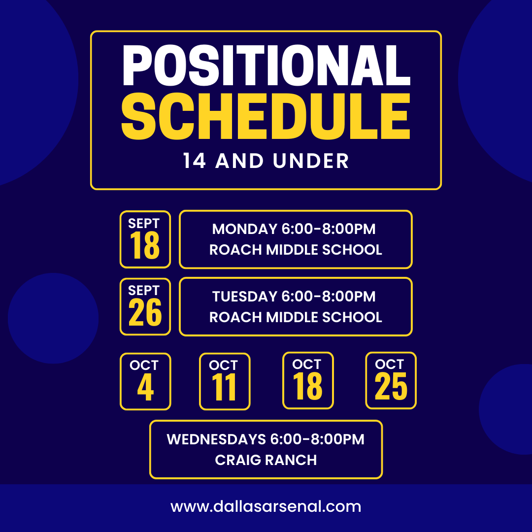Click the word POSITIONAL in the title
click(266, 65)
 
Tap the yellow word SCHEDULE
click(266, 116)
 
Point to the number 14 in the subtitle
click(195, 161)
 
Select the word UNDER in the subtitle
click(311, 161)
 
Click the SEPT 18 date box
click(145, 239)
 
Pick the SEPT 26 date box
click(145, 307)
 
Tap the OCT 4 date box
click(145, 381)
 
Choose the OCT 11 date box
click(225, 381)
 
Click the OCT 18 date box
click(308, 380)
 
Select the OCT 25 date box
click(391, 380)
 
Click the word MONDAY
click(245, 229)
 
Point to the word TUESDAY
click(245, 297)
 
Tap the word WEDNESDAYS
click(216, 439)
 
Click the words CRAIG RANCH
click(266, 460)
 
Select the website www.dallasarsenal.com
click(266, 506)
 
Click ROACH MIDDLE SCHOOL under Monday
click(296, 250)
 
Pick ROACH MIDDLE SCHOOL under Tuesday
click(296, 317)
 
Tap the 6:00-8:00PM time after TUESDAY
click(329, 297)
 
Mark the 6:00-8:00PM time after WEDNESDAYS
click(317, 439)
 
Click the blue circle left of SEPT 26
click(53, 318)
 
